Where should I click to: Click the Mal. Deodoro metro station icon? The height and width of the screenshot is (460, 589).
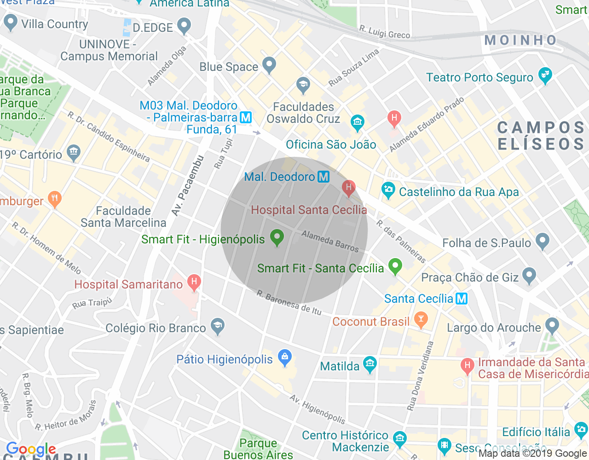(323, 177)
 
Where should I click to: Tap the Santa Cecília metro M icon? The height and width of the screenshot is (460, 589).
(462, 299)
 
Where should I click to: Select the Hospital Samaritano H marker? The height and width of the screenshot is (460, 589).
(194, 282)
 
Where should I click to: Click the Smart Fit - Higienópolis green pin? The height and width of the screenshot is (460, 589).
(277, 238)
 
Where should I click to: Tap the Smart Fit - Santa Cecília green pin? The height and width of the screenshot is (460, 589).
(395, 266)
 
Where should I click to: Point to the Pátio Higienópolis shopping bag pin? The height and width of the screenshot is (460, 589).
(285, 357)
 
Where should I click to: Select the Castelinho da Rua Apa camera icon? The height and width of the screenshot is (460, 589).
(388, 190)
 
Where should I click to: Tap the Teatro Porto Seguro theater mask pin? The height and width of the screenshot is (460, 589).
(545, 75)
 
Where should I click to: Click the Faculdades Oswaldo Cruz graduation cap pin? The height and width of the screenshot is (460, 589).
(303, 85)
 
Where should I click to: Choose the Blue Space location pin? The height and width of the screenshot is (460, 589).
(269, 65)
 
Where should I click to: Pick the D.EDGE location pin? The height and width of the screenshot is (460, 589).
(184, 26)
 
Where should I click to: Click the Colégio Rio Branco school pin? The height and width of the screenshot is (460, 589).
(217, 326)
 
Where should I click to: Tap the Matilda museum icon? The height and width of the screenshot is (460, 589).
(370, 364)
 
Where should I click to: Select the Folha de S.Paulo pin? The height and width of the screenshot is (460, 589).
(543, 241)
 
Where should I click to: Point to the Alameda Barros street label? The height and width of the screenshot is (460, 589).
(330, 241)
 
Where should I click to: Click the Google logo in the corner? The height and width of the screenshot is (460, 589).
(31, 449)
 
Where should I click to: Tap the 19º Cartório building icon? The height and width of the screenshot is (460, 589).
(73, 152)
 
